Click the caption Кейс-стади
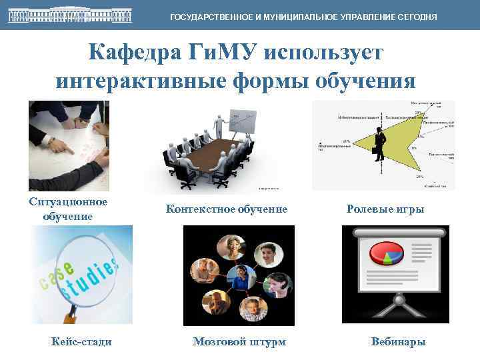pyautogui.click(x=81, y=342)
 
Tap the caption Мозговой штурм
pyautogui.click(x=239, y=342)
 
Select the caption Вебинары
pyautogui.click(x=398, y=342)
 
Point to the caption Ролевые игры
pyautogui.click(x=385, y=209)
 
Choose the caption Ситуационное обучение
pyautogui.click(x=69, y=209)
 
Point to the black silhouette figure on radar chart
pyautogui.click(x=381, y=143)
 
